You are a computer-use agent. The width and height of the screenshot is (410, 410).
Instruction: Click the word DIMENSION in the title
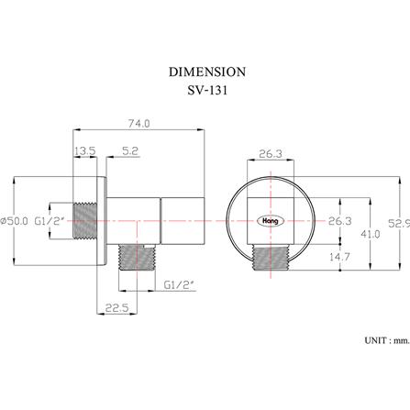point(207,72)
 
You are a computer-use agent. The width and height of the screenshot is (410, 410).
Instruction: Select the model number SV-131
point(207,90)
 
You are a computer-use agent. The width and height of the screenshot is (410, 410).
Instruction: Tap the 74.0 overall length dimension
point(139,124)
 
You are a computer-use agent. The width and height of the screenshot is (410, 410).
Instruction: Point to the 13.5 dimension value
point(85,150)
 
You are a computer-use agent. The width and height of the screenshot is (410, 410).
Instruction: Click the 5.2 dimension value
point(130,150)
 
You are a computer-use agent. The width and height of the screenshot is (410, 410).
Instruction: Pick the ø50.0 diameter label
point(15,221)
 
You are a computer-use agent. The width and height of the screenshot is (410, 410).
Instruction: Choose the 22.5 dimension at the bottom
point(116,307)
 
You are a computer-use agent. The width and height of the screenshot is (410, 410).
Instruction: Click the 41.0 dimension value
point(371,234)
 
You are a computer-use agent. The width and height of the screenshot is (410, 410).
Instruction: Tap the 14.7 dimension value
point(339,257)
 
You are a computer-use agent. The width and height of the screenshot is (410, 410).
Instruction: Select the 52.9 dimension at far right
point(399,223)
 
